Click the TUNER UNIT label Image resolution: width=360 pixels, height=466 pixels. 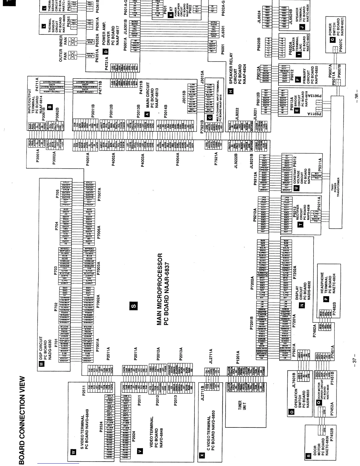[240, 406]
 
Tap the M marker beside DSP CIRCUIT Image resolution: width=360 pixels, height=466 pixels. [41, 364]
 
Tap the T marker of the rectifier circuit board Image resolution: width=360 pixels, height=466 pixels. [300, 224]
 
